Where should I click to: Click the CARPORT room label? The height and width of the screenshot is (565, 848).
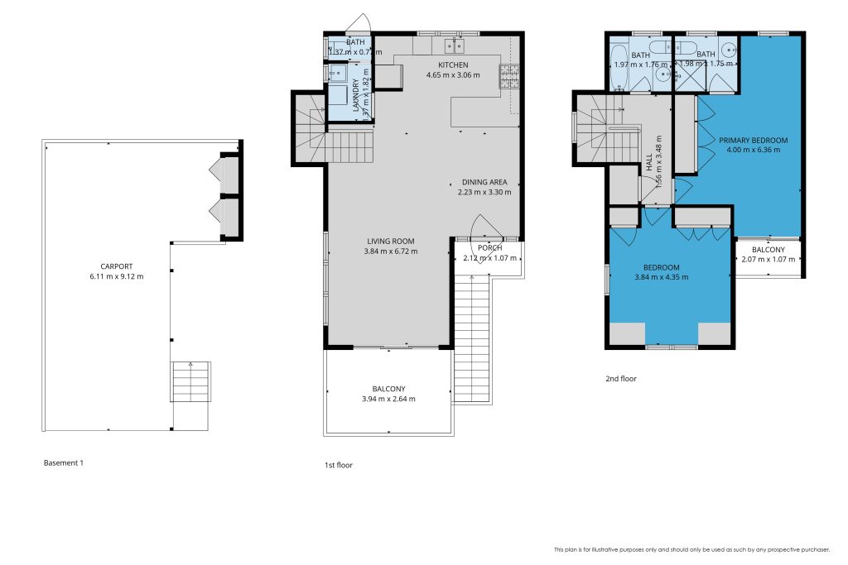tap(116, 266)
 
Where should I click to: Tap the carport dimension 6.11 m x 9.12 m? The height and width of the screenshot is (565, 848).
tap(116, 276)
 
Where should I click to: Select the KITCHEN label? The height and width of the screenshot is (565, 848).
tap(453, 65)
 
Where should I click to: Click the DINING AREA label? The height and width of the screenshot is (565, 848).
tap(484, 182)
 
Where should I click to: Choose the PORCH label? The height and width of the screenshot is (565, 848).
tap(489, 247)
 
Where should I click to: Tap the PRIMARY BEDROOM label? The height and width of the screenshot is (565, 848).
tap(753, 140)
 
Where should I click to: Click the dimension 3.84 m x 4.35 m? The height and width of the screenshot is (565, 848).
tap(662, 277)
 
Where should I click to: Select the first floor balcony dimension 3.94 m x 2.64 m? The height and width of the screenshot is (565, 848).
tap(388, 399)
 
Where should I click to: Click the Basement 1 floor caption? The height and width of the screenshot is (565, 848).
tap(64, 463)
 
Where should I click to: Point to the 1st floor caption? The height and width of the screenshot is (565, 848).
tap(339, 465)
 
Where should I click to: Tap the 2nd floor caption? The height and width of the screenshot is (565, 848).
tap(620, 379)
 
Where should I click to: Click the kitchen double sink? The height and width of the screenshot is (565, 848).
tap(453, 45)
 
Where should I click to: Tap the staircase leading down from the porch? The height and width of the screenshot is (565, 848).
tap(473, 339)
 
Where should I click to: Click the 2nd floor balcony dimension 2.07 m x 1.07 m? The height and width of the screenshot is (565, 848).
tap(768, 260)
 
